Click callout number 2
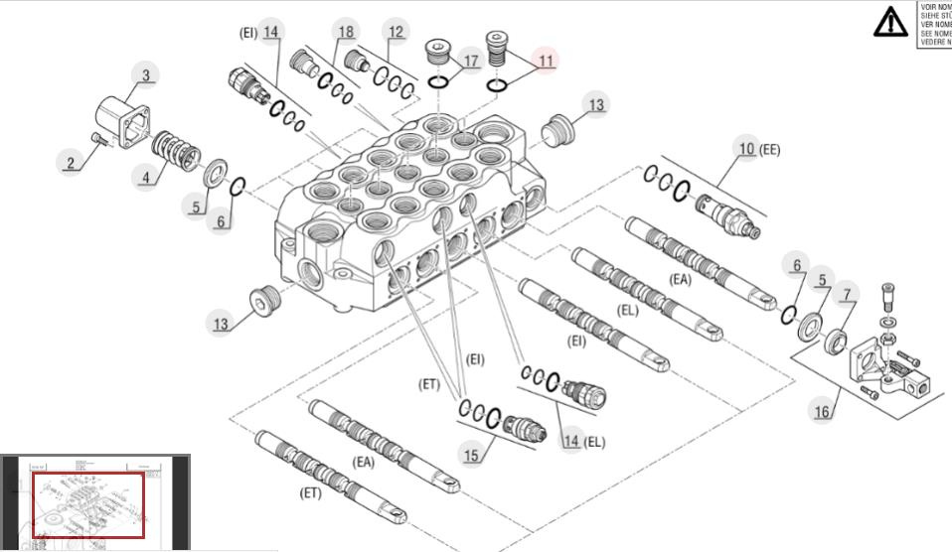(71, 162)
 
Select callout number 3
(146, 75)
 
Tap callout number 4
(146, 179)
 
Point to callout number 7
(848, 294)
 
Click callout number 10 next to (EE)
(746, 149)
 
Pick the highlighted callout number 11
(546, 61)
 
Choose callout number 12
(397, 32)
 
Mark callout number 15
(473, 454)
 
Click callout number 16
(822, 412)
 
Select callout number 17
(471, 62)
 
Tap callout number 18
(346, 32)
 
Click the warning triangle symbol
(889, 21)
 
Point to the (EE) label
(770, 150)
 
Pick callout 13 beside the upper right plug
(596, 104)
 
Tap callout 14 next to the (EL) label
(570, 441)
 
